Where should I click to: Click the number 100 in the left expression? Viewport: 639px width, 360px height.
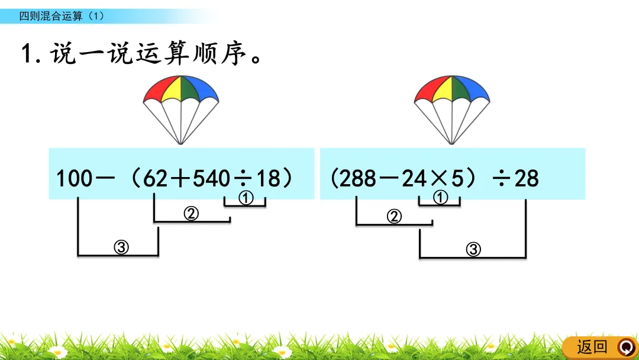point(74,178)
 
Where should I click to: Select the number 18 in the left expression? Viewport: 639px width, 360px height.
point(269,178)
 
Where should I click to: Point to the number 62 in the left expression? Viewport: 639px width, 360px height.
point(156,178)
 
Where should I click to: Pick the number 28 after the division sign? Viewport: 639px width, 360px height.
point(526,178)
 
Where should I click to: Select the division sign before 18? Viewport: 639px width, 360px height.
point(243,178)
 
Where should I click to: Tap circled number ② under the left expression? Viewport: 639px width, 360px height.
point(191,214)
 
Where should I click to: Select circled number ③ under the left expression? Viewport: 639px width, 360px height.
point(121,248)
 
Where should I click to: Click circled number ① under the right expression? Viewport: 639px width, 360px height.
point(441,198)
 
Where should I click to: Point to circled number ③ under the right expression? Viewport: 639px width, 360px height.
point(473,250)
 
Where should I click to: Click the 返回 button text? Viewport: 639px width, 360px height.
point(592,346)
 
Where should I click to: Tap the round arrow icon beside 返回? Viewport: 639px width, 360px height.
point(625,346)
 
